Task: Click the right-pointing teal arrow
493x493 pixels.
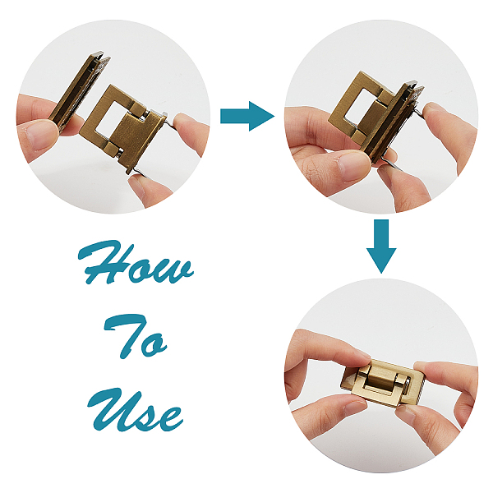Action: click(247, 116)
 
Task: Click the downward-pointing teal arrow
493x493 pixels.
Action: click(381, 246)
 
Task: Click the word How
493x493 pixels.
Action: click(136, 263)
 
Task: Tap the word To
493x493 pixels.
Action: click(136, 336)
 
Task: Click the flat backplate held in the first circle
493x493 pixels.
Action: click(79, 91)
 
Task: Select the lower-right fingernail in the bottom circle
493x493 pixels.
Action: click(405, 416)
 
